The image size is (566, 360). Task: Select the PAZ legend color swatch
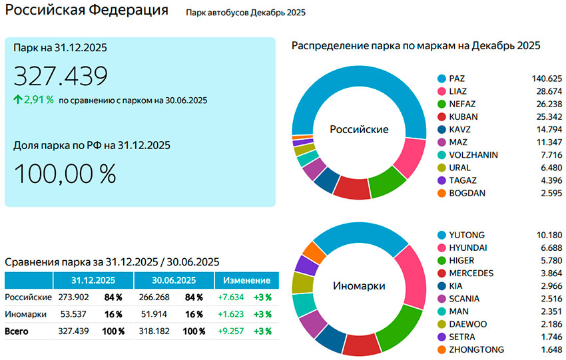point(440,79)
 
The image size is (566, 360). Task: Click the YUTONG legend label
point(467,235)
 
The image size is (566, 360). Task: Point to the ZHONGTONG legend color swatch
point(440,349)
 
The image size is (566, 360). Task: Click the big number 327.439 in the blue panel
point(61,77)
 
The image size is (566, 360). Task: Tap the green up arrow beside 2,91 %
point(17,100)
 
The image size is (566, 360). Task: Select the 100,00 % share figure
point(65,174)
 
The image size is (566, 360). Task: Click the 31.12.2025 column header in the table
point(93,280)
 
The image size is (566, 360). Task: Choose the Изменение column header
point(246,280)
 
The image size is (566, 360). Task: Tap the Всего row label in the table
point(17,331)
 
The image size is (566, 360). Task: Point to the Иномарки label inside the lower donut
point(359,286)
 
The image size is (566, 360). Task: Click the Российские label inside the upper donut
point(359,129)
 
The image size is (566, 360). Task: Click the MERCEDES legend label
point(471,273)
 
